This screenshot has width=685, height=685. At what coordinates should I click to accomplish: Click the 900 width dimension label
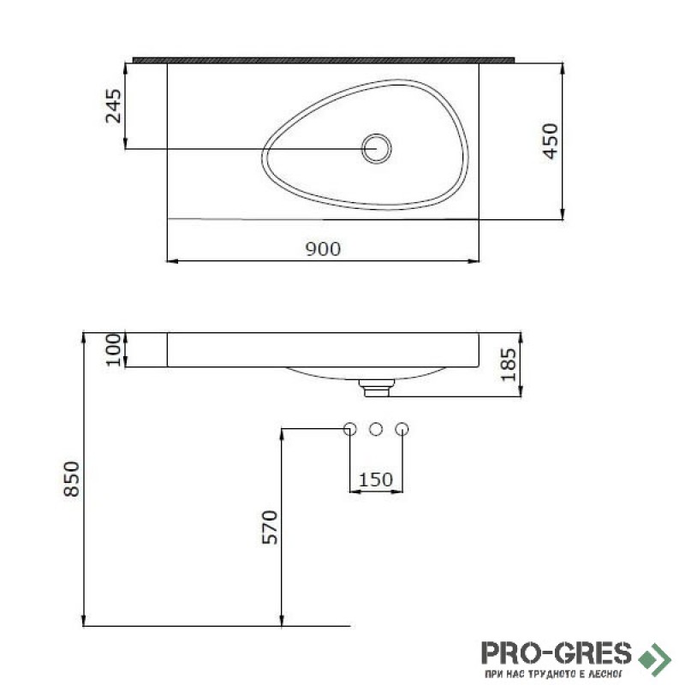323,249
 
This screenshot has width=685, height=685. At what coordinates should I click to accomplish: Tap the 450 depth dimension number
551,140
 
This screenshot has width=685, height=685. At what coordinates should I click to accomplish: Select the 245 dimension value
114,106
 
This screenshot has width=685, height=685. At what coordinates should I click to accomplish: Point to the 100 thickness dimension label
113,349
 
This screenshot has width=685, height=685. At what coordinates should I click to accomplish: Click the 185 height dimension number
509,365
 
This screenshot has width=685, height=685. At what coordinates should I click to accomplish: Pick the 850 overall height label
72,479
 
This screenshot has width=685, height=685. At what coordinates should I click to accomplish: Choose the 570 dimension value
270,527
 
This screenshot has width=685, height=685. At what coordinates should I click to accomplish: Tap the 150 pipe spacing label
376,479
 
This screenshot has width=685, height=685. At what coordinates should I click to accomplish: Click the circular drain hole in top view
377,148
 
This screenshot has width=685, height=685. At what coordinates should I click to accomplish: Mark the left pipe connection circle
350,429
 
